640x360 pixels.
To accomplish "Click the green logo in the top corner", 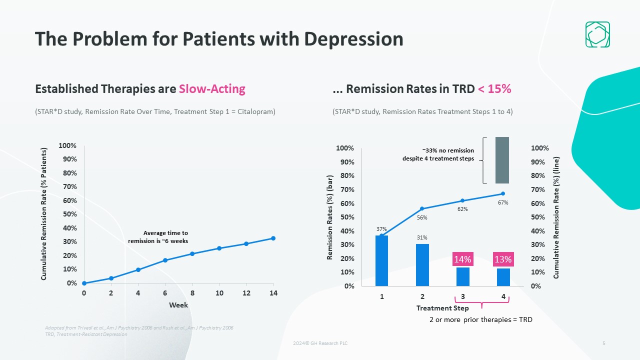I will pyautogui.click(x=597, y=34).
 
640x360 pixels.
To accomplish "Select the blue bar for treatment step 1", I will pyautogui.click(x=381, y=260).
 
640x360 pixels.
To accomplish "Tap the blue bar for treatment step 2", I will pyautogui.click(x=422, y=265).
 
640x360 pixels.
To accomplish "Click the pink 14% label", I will pyautogui.click(x=462, y=259).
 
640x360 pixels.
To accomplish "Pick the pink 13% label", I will pyautogui.click(x=503, y=259).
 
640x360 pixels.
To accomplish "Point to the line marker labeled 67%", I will pyautogui.click(x=503, y=193).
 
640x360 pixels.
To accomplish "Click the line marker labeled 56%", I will pyautogui.click(x=422, y=208).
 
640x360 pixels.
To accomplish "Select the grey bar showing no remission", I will pyautogui.click(x=502, y=160).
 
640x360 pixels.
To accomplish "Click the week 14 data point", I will pyautogui.click(x=273, y=238).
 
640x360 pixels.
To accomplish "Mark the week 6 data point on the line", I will pyautogui.click(x=165, y=260).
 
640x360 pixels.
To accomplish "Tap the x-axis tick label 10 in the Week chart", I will pyautogui.click(x=219, y=293).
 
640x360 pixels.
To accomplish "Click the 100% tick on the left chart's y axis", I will pyautogui.click(x=67, y=145).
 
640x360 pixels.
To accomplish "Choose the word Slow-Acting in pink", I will pyautogui.click(x=212, y=89).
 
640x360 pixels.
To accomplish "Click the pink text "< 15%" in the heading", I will pyautogui.click(x=494, y=89).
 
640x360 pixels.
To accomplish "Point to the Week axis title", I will pyautogui.click(x=178, y=304).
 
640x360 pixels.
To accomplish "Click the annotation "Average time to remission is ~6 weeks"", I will pyautogui.click(x=158, y=237).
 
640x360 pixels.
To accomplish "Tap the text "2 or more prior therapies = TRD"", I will pyautogui.click(x=480, y=319).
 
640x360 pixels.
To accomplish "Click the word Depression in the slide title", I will pyautogui.click(x=348, y=38).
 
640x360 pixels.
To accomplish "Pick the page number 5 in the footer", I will pyautogui.click(x=604, y=343).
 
